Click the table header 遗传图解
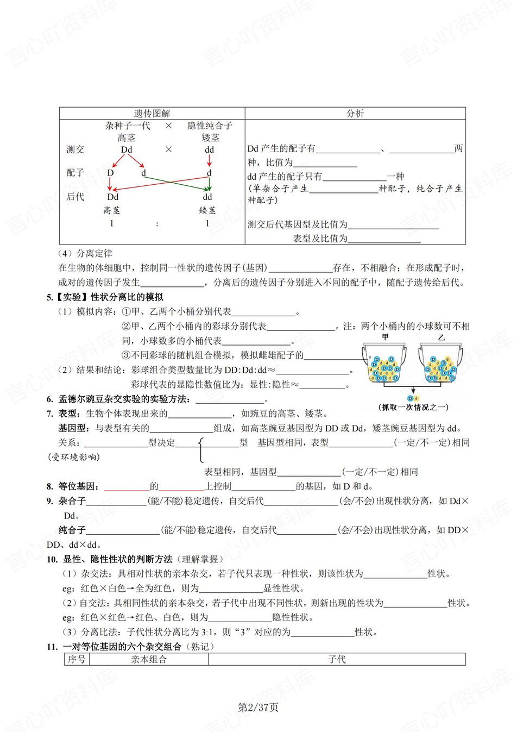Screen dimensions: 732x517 tap(152, 114)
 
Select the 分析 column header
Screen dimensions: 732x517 tap(355, 114)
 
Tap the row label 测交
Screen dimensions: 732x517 tap(75, 149)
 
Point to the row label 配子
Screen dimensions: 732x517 tap(75, 173)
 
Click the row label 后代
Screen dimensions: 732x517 tap(75, 197)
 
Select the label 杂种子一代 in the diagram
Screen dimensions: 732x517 tap(128, 126)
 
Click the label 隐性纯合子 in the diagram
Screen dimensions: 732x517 tap(210, 126)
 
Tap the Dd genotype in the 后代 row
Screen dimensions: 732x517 tap(112, 197)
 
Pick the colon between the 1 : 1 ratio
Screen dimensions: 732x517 tap(157, 223)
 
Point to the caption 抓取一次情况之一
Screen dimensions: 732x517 tap(413, 407)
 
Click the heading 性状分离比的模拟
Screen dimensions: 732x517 tap(127, 297)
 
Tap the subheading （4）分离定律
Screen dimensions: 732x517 tap(85, 253)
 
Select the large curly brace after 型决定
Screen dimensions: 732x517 tap(200, 449)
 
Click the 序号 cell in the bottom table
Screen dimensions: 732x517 tap(77, 659)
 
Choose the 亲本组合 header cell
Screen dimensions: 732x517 tap(148, 659)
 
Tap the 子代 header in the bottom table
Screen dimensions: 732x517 tap(337, 659)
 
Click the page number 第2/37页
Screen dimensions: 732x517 tap(258, 707)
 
